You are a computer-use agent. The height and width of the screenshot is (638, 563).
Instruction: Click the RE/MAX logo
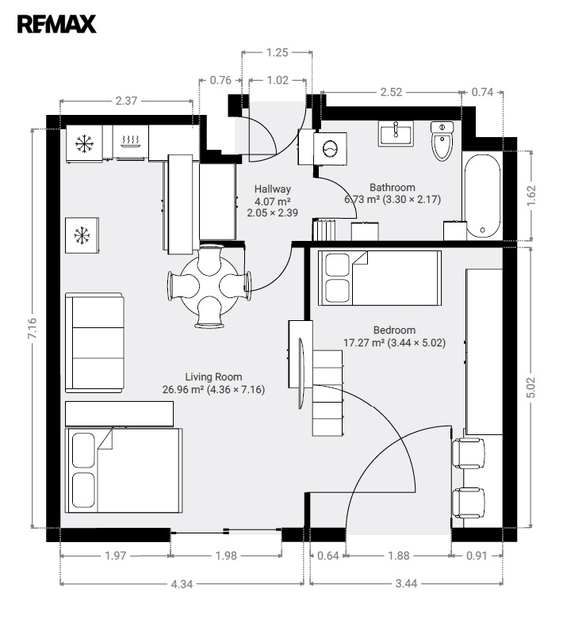[x=57, y=24]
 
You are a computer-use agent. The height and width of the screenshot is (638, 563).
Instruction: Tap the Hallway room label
[x=272, y=189]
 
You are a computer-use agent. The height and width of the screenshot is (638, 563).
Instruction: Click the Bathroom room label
[x=393, y=188]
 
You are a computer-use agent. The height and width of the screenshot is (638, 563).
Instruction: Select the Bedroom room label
[x=394, y=330]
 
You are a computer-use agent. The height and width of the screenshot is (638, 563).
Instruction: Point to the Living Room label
[x=214, y=376]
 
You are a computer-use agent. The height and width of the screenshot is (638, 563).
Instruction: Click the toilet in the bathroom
[x=442, y=141]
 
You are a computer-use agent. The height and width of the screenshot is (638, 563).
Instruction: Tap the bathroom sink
[x=396, y=133]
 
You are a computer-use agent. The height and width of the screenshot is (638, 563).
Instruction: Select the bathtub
[x=483, y=196]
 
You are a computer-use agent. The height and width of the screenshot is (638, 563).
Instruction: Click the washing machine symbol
[x=330, y=148]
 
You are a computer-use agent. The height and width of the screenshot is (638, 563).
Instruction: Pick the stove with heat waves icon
[x=131, y=141]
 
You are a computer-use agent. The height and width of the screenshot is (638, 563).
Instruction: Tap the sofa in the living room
[x=94, y=342]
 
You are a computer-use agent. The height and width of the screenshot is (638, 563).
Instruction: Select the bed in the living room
[x=124, y=470]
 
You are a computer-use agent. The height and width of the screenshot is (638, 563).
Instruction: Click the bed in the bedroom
[x=379, y=278]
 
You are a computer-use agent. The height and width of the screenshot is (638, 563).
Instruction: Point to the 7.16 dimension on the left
[x=33, y=328]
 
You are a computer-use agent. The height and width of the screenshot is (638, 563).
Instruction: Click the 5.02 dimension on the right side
[x=530, y=388]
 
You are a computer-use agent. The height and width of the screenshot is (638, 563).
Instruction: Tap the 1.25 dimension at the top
[x=277, y=52]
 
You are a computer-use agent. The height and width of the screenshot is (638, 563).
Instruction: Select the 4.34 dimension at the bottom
[x=182, y=584]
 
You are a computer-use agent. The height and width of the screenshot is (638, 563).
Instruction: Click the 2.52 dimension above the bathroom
[x=391, y=93]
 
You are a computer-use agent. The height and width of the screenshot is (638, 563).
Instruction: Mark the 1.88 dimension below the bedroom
[x=399, y=556]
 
